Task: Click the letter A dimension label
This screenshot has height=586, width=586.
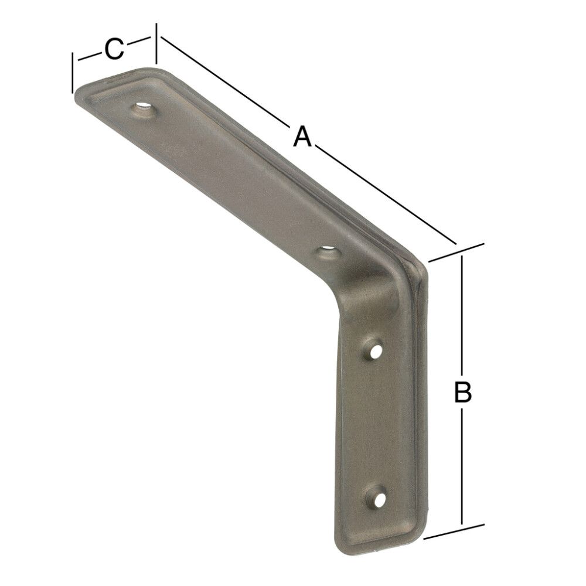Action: point(302,137)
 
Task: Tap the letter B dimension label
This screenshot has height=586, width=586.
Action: point(463,392)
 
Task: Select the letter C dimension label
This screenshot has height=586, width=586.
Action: point(115,49)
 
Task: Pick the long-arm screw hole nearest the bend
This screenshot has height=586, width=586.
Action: point(329,253)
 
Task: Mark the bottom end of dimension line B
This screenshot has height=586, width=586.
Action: point(463,523)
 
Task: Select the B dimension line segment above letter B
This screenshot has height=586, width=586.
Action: point(463,316)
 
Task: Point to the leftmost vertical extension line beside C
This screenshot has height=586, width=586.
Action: point(72,73)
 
